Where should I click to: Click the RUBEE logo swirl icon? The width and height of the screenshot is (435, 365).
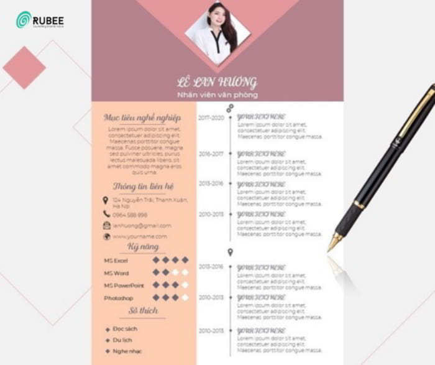coord(24,20)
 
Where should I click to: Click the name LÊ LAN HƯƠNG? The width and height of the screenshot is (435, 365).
coord(217,83)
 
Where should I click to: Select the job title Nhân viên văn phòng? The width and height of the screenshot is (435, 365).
coord(217,95)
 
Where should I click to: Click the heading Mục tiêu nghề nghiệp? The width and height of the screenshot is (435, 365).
coord(142,118)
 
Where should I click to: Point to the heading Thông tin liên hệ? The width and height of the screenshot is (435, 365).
coord(143,187)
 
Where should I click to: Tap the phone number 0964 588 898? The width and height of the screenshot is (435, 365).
coord(130,214)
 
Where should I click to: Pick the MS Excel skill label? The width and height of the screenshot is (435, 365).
coord(116,261)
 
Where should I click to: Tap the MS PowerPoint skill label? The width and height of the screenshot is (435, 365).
coord(124,285)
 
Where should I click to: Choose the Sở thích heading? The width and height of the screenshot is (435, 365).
coord(143,310)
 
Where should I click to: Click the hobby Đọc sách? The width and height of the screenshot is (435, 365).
coord(125,329)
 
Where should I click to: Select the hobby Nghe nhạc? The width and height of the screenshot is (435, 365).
coord(126,351)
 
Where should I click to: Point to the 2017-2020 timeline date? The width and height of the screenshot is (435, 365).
coord(211,118)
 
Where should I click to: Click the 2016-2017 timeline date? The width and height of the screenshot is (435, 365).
coord(211,154)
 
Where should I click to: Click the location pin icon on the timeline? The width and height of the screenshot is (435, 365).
coord(231,252)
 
